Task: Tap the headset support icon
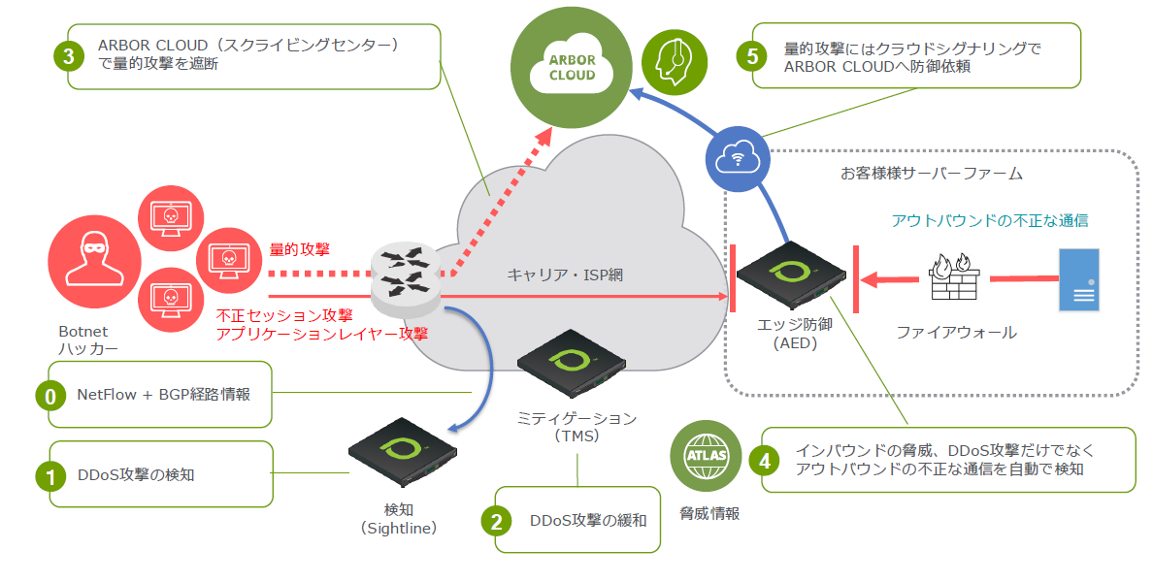pos(675,60)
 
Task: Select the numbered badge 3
pos(69,56)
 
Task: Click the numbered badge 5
pos(752,55)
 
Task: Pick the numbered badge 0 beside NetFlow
pos(49,396)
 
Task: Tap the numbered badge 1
pos(49,475)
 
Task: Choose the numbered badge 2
pos(496,521)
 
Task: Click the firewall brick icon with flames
pos(951,278)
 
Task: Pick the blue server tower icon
pos(1079,279)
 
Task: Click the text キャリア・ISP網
pos(564,275)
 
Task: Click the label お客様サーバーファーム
pos(931,175)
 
